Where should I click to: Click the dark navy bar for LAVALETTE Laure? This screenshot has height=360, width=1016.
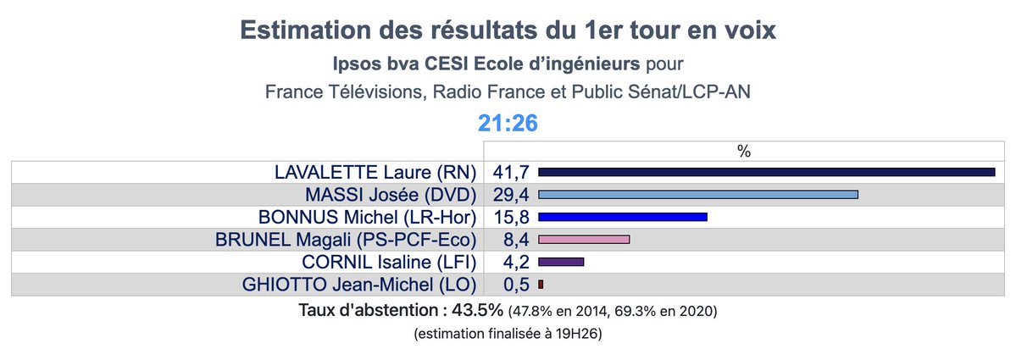point(766,172)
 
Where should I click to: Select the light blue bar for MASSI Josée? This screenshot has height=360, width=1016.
point(698,195)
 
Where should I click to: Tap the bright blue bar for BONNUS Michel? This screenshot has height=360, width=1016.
point(622,217)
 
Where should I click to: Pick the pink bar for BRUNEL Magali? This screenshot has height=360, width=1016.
point(584,239)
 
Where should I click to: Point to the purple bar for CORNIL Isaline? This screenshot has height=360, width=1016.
point(561,262)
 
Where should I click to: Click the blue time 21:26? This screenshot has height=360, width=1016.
point(508,124)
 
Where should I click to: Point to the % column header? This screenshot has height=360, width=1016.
point(744,151)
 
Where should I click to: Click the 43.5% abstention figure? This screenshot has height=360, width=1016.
point(481,310)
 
